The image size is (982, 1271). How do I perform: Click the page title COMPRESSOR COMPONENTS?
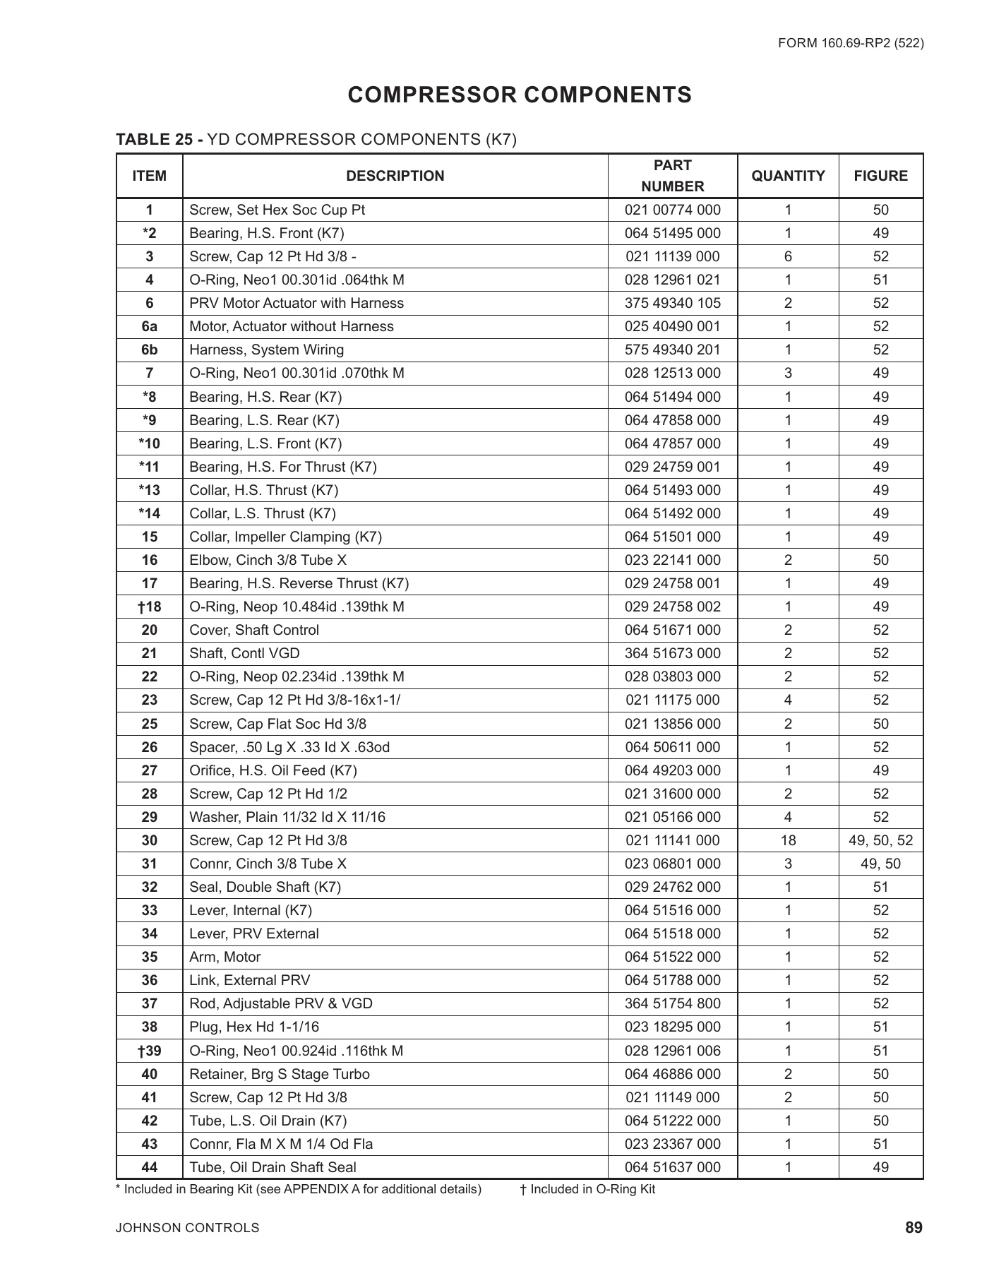tap(520, 95)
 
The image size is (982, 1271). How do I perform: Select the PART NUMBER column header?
tap(672, 176)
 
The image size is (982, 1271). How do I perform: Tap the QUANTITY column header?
tap(788, 176)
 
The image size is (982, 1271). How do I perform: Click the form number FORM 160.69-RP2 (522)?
tap(851, 43)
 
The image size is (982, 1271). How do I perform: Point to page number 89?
tap(914, 1228)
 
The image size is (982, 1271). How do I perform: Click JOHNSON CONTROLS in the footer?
tap(187, 1228)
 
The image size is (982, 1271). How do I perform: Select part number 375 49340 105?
tap(672, 303)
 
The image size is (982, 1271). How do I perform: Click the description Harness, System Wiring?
tap(267, 350)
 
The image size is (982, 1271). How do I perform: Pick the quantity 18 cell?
tap(788, 840)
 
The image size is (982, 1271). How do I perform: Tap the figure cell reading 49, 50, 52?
tap(880, 840)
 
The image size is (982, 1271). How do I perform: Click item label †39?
tap(149, 1051)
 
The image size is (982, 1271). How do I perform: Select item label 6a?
tap(149, 326)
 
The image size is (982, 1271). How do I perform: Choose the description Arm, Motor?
tap(225, 957)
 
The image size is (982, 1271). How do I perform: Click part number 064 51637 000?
tap(672, 1167)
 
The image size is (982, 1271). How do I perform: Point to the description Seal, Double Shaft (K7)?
tap(265, 887)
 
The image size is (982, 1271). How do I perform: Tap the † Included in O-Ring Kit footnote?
tap(587, 1189)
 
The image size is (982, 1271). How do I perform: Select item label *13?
tap(149, 490)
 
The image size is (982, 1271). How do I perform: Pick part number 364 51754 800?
tap(672, 1003)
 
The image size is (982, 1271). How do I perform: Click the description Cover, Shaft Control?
tap(254, 630)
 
